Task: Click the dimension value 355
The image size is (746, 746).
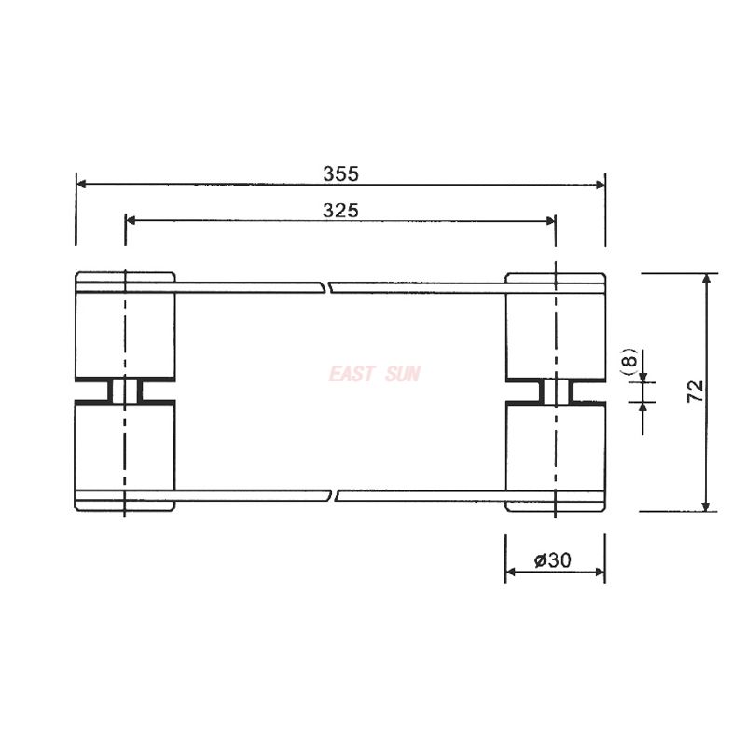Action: (340, 173)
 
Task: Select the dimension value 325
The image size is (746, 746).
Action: (340, 211)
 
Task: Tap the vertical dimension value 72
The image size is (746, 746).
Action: (695, 391)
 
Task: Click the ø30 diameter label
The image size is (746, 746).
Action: (553, 560)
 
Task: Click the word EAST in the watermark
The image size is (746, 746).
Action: (351, 374)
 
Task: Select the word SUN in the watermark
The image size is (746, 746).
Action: (402, 374)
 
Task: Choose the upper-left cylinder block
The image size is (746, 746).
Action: (125, 331)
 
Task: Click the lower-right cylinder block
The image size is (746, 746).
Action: (555, 448)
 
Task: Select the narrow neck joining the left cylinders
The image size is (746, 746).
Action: (125, 391)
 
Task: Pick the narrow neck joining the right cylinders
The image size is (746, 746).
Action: (555, 391)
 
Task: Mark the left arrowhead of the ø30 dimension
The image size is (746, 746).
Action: (511, 573)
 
